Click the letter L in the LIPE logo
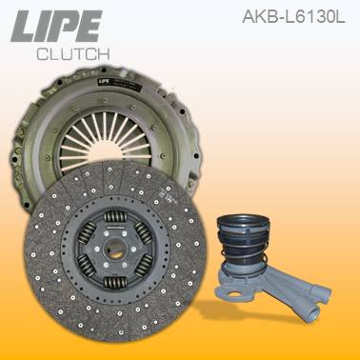(x=26, y=28)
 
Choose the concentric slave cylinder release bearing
(x=252, y=252)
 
